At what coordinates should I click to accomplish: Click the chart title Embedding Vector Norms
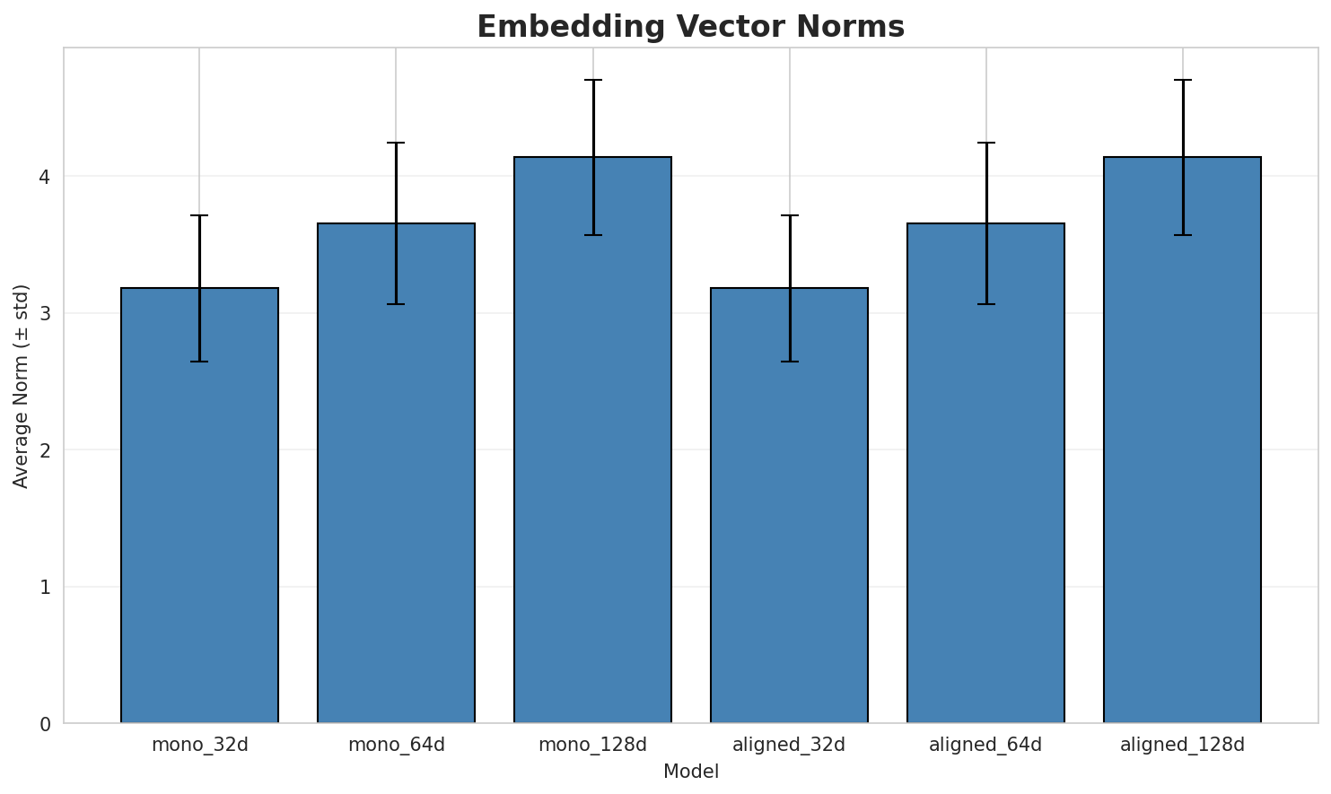click(x=690, y=27)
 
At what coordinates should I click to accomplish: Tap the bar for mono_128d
click(x=592, y=440)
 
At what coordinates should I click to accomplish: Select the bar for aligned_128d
click(x=1182, y=440)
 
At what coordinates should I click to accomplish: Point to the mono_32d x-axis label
click(x=199, y=745)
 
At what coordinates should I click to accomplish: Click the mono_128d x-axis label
click(x=592, y=745)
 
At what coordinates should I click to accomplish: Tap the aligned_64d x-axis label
click(x=985, y=745)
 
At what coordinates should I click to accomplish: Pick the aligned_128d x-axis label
click(x=1182, y=745)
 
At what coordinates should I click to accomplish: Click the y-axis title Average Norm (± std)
click(x=22, y=386)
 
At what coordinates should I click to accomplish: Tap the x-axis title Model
click(x=690, y=772)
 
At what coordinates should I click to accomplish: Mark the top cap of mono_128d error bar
click(x=592, y=80)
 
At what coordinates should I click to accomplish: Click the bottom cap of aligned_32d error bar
click(x=789, y=362)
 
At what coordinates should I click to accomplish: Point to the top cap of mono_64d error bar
click(x=396, y=143)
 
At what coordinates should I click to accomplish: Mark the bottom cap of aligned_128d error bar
click(x=1182, y=235)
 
